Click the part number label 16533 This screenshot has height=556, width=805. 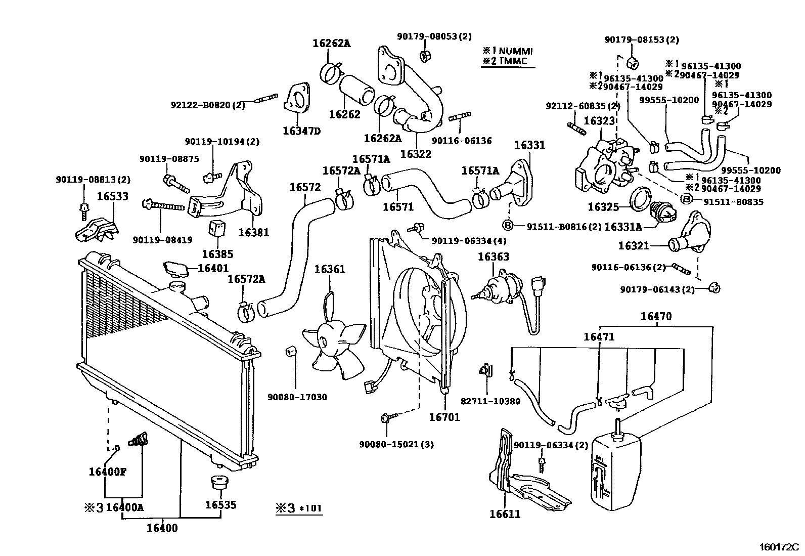[112, 196]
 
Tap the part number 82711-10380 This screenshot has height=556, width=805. [490, 401]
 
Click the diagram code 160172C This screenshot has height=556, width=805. [779, 547]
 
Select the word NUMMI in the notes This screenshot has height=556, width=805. [516, 51]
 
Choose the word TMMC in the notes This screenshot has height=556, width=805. [513, 61]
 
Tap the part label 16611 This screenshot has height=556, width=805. [504, 515]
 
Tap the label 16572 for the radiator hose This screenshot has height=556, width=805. [305, 187]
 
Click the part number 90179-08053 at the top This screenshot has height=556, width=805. [434, 36]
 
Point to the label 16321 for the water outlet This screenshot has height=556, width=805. [634, 245]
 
